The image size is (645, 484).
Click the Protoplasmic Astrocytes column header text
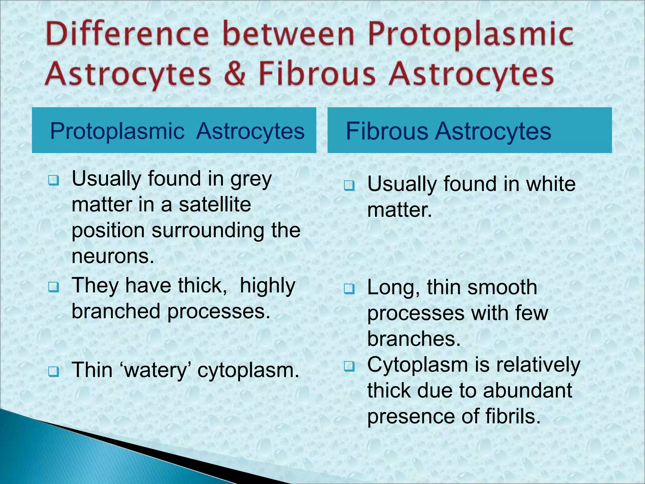click(x=177, y=131)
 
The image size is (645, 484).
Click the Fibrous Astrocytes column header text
click(x=448, y=131)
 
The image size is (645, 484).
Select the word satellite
click(x=215, y=205)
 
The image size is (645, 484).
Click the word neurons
click(x=113, y=256)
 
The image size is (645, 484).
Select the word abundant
click(x=528, y=390)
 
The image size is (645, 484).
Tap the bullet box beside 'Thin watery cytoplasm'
click(x=53, y=372)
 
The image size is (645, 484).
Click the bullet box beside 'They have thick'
click(x=53, y=287)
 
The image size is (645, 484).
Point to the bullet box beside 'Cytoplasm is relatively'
click(x=349, y=366)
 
